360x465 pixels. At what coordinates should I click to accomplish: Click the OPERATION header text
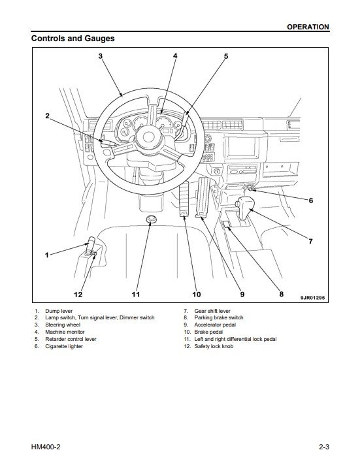(308, 27)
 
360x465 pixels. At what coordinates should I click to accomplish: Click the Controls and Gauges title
(73, 39)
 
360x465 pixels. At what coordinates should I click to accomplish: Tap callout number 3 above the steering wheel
(101, 56)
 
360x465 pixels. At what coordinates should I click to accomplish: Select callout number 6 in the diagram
(311, 200)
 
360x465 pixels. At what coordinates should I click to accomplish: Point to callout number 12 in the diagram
(78, 294)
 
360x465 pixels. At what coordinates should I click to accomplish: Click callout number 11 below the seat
(136, 294)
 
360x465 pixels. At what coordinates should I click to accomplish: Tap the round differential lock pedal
(152, 219)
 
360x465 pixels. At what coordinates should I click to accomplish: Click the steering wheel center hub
(148, 137)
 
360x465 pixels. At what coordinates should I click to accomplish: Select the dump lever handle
(90, 246)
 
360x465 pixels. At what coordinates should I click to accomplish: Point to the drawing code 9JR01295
(312, 297)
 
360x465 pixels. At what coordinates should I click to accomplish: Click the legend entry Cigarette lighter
(64, 346)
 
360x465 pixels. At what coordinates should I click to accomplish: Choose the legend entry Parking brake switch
(219, 317)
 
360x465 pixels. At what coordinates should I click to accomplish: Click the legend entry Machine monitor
(65, 332)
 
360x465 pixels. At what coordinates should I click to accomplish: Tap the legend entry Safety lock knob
(214, 346)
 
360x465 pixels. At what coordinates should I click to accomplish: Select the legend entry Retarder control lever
(71, 339)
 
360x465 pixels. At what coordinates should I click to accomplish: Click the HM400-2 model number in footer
(45, 447)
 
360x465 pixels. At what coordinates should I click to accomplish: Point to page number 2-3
(324, 447)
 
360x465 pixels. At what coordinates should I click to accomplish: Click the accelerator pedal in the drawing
(203, 197)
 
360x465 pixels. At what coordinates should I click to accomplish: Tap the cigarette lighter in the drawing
(250, 187)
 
